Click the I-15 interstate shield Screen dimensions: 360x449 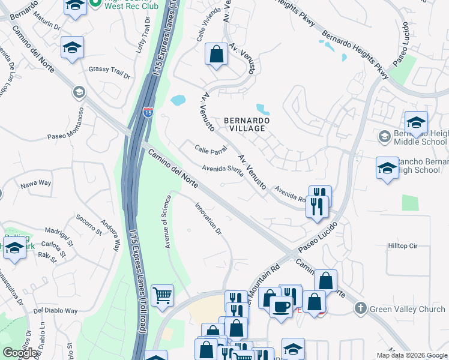click(148, 112)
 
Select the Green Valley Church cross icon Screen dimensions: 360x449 click(360, 308)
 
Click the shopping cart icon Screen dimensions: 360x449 click(162, 296)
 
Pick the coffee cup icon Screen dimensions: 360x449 click(280, 307)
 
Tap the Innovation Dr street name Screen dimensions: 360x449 click(208, 218)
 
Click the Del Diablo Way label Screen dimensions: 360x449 click(56, 311)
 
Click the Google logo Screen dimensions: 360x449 click(20, 353)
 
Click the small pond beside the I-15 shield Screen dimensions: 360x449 click(178, 100)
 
